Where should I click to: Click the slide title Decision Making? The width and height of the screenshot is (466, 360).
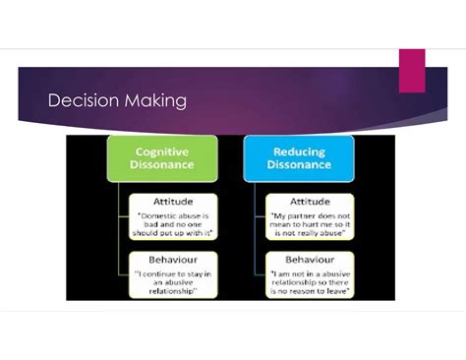click(x=117, y=101)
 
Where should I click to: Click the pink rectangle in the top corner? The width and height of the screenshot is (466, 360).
click(x=410, y=70)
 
